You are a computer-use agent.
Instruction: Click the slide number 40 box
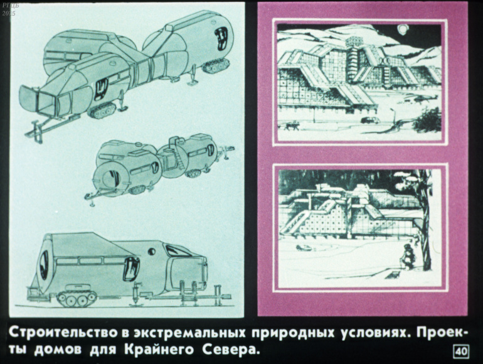pyautogui.click(x=461, y=351)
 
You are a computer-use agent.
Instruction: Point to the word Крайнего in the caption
pyautogui.click(x=159, y=350)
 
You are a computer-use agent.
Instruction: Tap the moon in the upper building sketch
pyautogui.click(x=402, y=29)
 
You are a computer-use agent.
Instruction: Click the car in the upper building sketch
pyautogui.click(x=370, y=120)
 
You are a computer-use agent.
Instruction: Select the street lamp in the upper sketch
pyautogui.click(x=393, y=117)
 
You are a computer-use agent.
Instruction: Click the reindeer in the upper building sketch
pyautogui.click(x=292, y=125)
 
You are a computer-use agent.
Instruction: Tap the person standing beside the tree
pyautogui.click(x=408, y=256)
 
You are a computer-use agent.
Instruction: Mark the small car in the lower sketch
pyautogui.click(x=303, y=247)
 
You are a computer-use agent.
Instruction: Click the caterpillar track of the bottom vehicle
pyautogui.click(x=77, y=296)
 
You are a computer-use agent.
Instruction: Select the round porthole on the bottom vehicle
pyautogui.click(x=152, y=252)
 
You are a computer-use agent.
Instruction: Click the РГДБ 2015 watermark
pyautogui.click(x=9, y=9)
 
